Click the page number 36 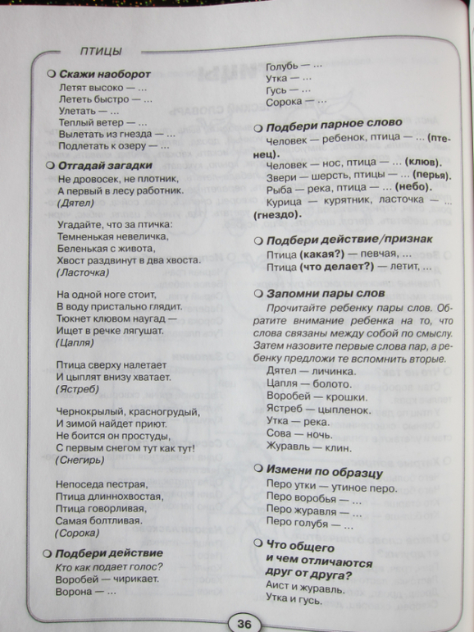coord(244,623)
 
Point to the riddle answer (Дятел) coord(75,203)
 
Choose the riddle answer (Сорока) coord(79,532)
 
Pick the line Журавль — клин coord(308,448)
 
